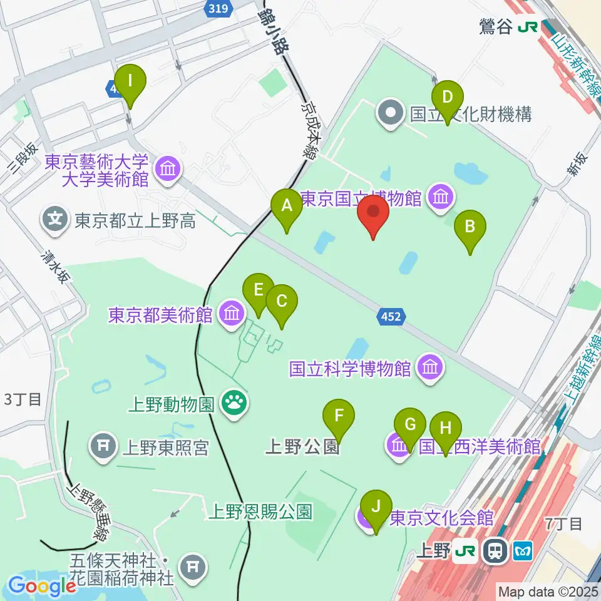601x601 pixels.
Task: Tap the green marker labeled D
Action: coord(448,98)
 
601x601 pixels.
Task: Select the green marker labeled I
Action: coord(131,81)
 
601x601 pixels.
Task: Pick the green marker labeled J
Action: coord(376,506)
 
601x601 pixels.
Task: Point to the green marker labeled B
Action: coord(470,226)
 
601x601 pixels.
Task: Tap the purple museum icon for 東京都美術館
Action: coord(232,312)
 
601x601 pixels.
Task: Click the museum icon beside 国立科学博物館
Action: coord(430,367)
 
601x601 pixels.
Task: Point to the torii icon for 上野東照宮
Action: coord(104,446)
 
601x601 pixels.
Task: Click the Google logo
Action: coord(42,586)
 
